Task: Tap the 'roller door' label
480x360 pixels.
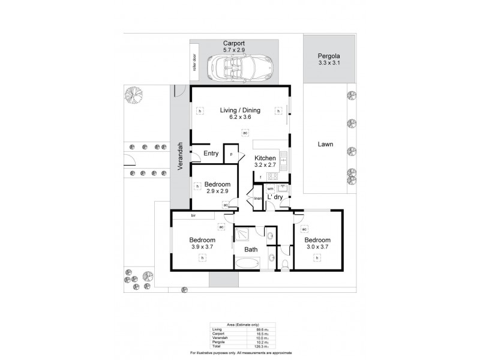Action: coord(194,63)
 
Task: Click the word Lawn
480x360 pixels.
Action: coord(326,144)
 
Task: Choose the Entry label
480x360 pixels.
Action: coord(211,154)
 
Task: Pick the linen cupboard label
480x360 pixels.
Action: coord(258,199)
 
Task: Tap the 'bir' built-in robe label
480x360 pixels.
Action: coord(194,215)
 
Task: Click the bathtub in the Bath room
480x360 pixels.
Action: coord(247,263)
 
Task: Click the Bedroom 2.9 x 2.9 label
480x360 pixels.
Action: coord(217,187)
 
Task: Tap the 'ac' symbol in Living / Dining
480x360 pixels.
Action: coord(245,133)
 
